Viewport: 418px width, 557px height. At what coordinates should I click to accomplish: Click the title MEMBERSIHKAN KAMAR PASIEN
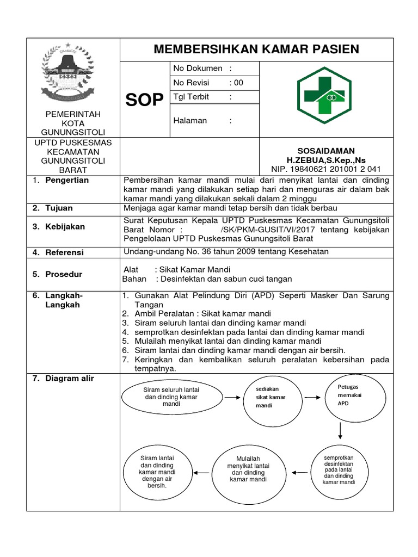(256, 49)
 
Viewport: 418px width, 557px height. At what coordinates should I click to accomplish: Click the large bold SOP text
(145, 100)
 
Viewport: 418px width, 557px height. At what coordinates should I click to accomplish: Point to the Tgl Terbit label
(191, 97)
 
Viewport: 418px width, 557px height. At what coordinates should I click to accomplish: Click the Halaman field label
(190, 120)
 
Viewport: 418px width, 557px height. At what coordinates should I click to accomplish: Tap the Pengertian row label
(67, 180)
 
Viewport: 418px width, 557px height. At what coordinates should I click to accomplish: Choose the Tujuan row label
(59, 208)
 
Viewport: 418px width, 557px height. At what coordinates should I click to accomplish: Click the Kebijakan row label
(65, 227)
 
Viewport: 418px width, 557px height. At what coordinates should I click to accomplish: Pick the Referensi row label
(65, 252)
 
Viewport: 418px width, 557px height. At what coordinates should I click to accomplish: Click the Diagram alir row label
(70, 379)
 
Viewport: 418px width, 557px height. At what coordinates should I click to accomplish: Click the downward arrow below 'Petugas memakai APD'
(340, 430)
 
